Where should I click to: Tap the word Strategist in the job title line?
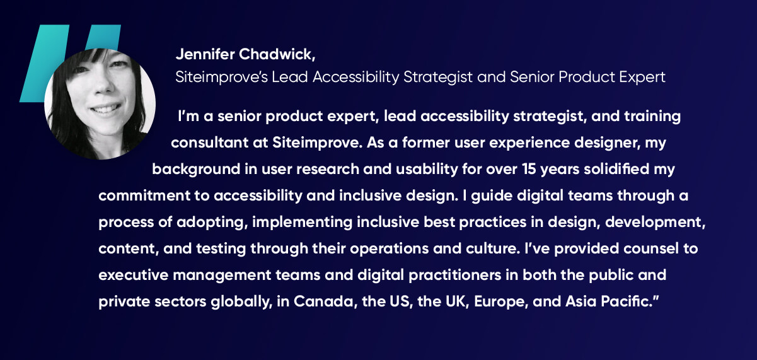[x=437, y=78]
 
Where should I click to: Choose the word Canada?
[x=323, y=301]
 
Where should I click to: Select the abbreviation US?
[x=401, y=301]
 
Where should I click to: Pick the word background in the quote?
[x=196, y=170]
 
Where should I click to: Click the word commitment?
[x=144, y=195]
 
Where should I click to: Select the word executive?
[x=134, y=275]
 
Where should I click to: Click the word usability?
[x=427, y=170]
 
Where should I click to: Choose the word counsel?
[x=651, y=249]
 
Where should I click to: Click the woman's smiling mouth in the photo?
[x=105, y=109]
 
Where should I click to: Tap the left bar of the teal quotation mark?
[x=44, y=63]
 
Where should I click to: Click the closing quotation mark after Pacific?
[x=656, y=297]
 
